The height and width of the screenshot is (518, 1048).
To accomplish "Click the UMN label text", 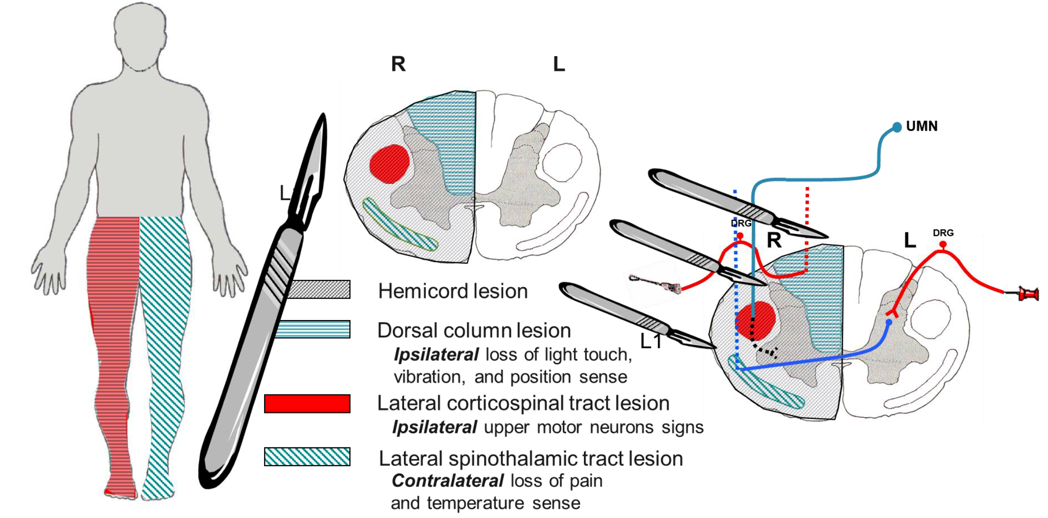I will [921, 126].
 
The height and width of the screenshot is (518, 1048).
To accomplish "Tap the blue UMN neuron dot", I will [897, 127].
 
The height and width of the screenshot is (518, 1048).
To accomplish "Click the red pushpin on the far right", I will [1028, 294].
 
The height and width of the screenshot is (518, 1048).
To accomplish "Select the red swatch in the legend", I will [307, 404].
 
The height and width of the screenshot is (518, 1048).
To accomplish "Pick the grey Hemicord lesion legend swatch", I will [319, 289].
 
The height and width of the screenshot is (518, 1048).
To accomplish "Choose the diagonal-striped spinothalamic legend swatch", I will [307, 457].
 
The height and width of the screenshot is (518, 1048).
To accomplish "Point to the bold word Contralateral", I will [448, 481].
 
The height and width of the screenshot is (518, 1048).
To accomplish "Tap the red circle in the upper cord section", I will [389, 164].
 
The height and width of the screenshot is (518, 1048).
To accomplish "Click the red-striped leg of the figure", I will [112, 339].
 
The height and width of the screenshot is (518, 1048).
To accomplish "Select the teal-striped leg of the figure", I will [165, 339].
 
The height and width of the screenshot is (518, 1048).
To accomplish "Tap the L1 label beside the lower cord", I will [651, 342].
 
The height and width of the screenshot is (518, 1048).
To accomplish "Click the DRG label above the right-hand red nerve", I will [943, 233].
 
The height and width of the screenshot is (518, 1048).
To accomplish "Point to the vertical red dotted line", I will [807, 228].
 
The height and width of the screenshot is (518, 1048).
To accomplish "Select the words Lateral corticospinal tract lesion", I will [523, 403].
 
